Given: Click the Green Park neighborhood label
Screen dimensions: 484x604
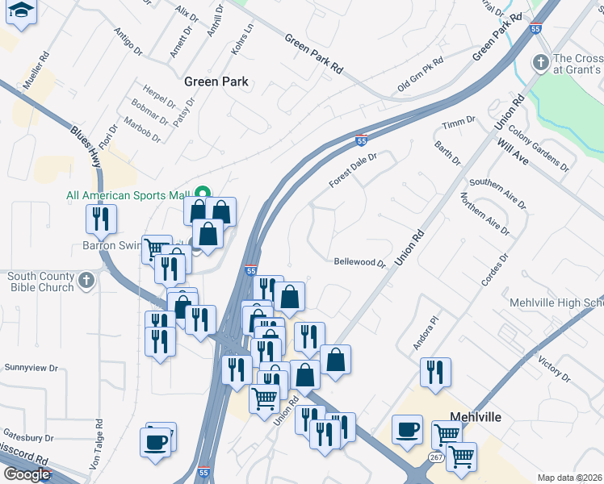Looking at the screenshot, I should [x=216, y=81].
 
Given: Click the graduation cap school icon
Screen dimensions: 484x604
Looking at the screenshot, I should [x=22, y=11].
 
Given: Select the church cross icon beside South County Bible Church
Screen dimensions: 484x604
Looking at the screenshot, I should [x=86, y=282].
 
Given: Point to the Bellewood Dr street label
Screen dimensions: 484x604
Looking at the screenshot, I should [x=359, y=262].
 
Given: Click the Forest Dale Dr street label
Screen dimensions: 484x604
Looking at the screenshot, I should [x=353, y=172].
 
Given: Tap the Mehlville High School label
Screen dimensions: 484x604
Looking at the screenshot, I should [x=556, y=302].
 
